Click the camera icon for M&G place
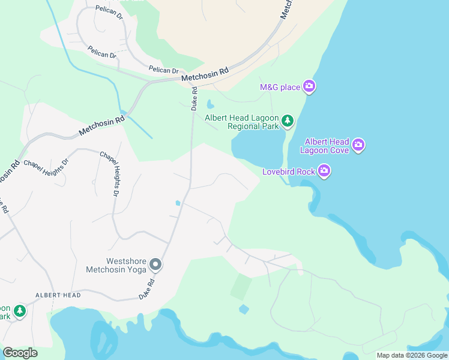(309, 87)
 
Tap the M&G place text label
(280, 88)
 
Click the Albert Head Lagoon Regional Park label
(243, 122)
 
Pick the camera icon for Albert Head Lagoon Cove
(358, 145)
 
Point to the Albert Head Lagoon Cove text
(327, 146)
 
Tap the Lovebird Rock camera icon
(325, 172)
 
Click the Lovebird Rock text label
(288, 172)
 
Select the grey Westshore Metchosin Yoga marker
(155, 264)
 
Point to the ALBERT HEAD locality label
(58, 295)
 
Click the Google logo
(20, 353)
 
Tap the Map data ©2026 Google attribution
(411, 355)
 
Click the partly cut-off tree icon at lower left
(20, 311)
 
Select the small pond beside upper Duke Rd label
(210, 104)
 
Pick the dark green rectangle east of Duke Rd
(241, 287)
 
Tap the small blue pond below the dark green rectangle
(243, 309)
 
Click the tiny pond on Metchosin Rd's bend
(123, 112)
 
